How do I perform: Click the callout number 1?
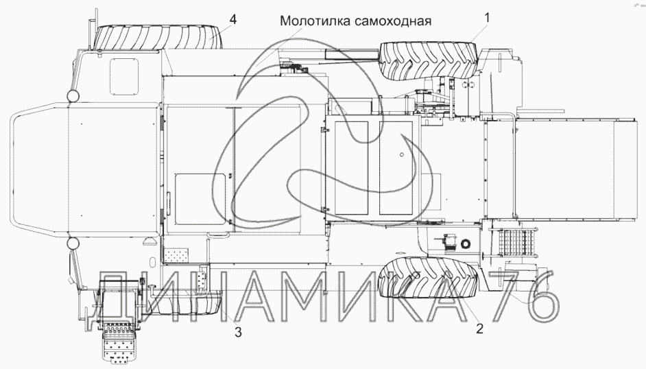[487, 18]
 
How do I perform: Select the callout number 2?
[479, 329]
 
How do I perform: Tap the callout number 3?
[238, 332]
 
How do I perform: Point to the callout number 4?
[233, 19]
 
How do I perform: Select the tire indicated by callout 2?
[429, 277]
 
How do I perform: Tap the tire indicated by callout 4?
[158, 37]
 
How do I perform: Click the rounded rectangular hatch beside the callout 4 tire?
[124, 75]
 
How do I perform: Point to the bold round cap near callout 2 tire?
[466, 243]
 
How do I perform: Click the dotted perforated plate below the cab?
[177, 255]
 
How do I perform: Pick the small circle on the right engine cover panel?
[402, 154]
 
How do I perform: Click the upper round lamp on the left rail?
[73, 97]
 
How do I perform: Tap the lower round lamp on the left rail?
[73, 243]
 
